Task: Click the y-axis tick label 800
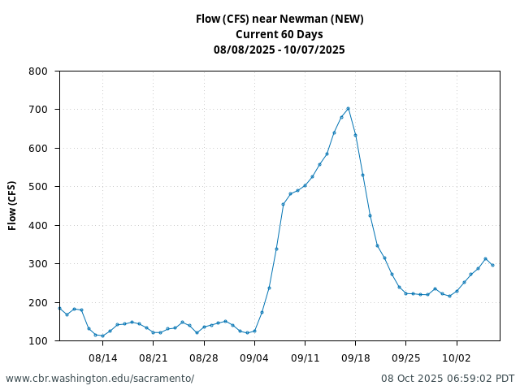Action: [38, 71]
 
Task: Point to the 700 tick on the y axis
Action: [38, 110]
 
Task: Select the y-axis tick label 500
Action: [38, 187]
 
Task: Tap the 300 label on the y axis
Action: [38, 264]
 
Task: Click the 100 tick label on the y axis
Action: [38, 341]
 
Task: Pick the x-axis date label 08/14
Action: [102, 357]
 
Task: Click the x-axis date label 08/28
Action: [204, 357]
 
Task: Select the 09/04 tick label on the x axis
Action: [254, 357]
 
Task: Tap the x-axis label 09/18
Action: [355, 357]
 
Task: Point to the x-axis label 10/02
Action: [457, 357]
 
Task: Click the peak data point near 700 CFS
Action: [348, 108]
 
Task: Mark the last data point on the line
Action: [492, 265]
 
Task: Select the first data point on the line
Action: [59, 308]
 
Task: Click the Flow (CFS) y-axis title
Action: [13, 206]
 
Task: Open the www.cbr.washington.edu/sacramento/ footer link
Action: [100, 379]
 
